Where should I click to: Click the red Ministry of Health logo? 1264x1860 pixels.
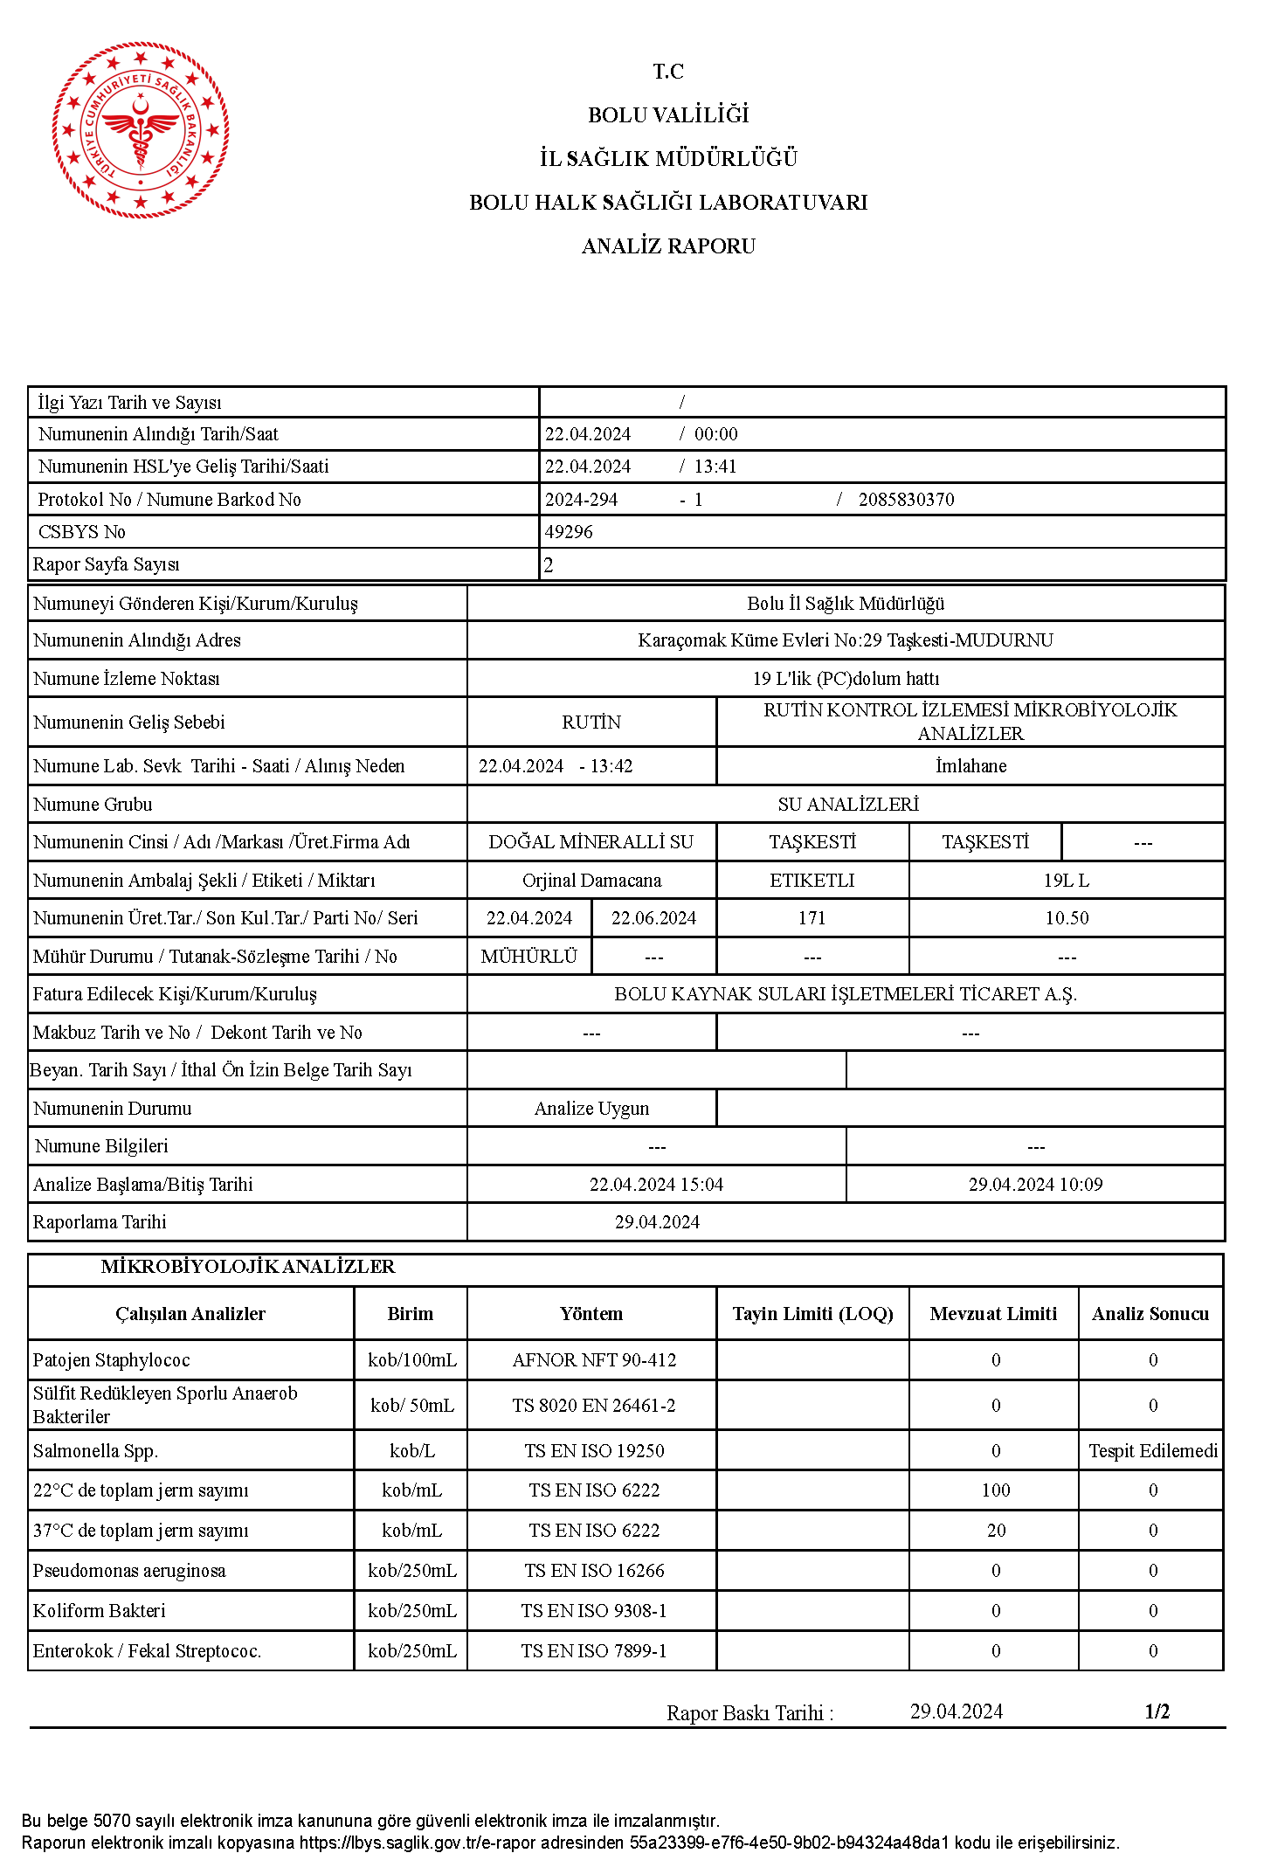141,130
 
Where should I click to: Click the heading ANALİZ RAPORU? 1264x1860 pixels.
668,246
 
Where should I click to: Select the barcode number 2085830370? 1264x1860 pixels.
906,500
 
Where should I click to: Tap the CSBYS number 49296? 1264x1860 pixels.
569,532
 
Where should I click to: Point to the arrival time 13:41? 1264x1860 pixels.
715,467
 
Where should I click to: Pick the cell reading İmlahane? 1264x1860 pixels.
970,766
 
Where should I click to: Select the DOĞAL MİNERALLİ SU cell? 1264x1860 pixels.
591,842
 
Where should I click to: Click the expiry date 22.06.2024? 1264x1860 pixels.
653,918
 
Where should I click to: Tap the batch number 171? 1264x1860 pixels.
812,918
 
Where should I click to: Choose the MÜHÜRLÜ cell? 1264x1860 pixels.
528,957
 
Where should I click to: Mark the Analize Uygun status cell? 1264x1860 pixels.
591,1109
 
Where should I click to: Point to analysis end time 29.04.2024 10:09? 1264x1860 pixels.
1035,1185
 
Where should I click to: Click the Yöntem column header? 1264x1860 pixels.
591,1314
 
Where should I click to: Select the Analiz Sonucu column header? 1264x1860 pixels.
1150,1314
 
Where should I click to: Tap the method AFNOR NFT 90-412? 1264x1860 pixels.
594,1360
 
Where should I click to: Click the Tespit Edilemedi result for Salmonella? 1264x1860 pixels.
1152,1451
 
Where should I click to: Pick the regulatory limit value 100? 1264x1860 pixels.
995,1490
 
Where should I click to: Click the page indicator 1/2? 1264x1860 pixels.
1157,1711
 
